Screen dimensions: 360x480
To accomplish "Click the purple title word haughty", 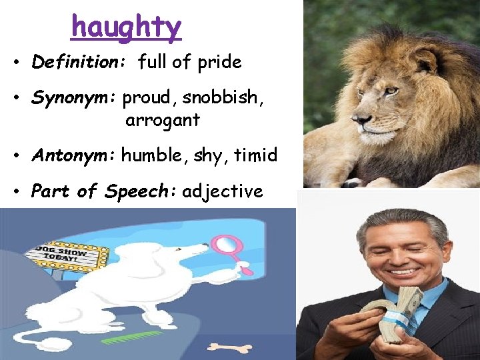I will (126, 27).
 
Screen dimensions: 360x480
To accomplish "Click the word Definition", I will (73, 63).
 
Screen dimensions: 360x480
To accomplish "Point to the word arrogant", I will (162, 121).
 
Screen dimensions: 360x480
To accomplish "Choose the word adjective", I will (223, 192).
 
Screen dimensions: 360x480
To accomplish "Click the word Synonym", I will (72, 98).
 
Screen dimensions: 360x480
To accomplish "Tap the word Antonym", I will (71, 155).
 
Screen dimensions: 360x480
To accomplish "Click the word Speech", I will (139, 192).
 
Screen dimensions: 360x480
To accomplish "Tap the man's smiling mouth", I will (402, 272).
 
